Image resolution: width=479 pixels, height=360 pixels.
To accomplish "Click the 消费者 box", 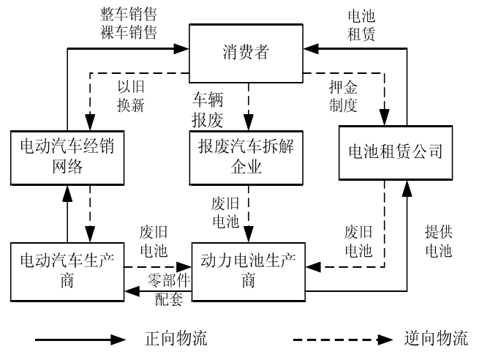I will tap(247, 51).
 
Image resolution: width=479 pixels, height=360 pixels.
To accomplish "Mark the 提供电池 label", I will tap(438, 241).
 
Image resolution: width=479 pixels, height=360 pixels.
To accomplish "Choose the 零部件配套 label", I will tap(167, 288).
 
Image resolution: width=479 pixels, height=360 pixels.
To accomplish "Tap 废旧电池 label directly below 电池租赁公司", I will tap(358, 241).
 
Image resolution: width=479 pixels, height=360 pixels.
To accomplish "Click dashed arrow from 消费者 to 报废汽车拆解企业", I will tap(248, 102).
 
